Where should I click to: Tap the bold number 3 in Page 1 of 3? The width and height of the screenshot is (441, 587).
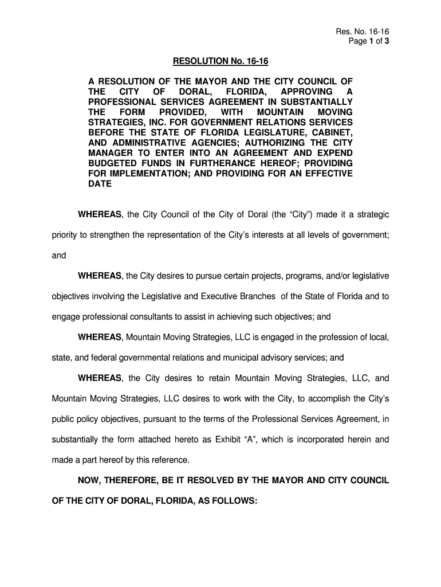click(387, 41)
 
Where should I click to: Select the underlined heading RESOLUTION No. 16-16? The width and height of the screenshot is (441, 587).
click(215, 62)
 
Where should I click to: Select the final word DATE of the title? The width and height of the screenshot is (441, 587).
click(100, 184)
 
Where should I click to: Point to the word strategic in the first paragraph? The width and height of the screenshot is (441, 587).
click(372, 214)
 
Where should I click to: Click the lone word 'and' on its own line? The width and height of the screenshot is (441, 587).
click(59, 256)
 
